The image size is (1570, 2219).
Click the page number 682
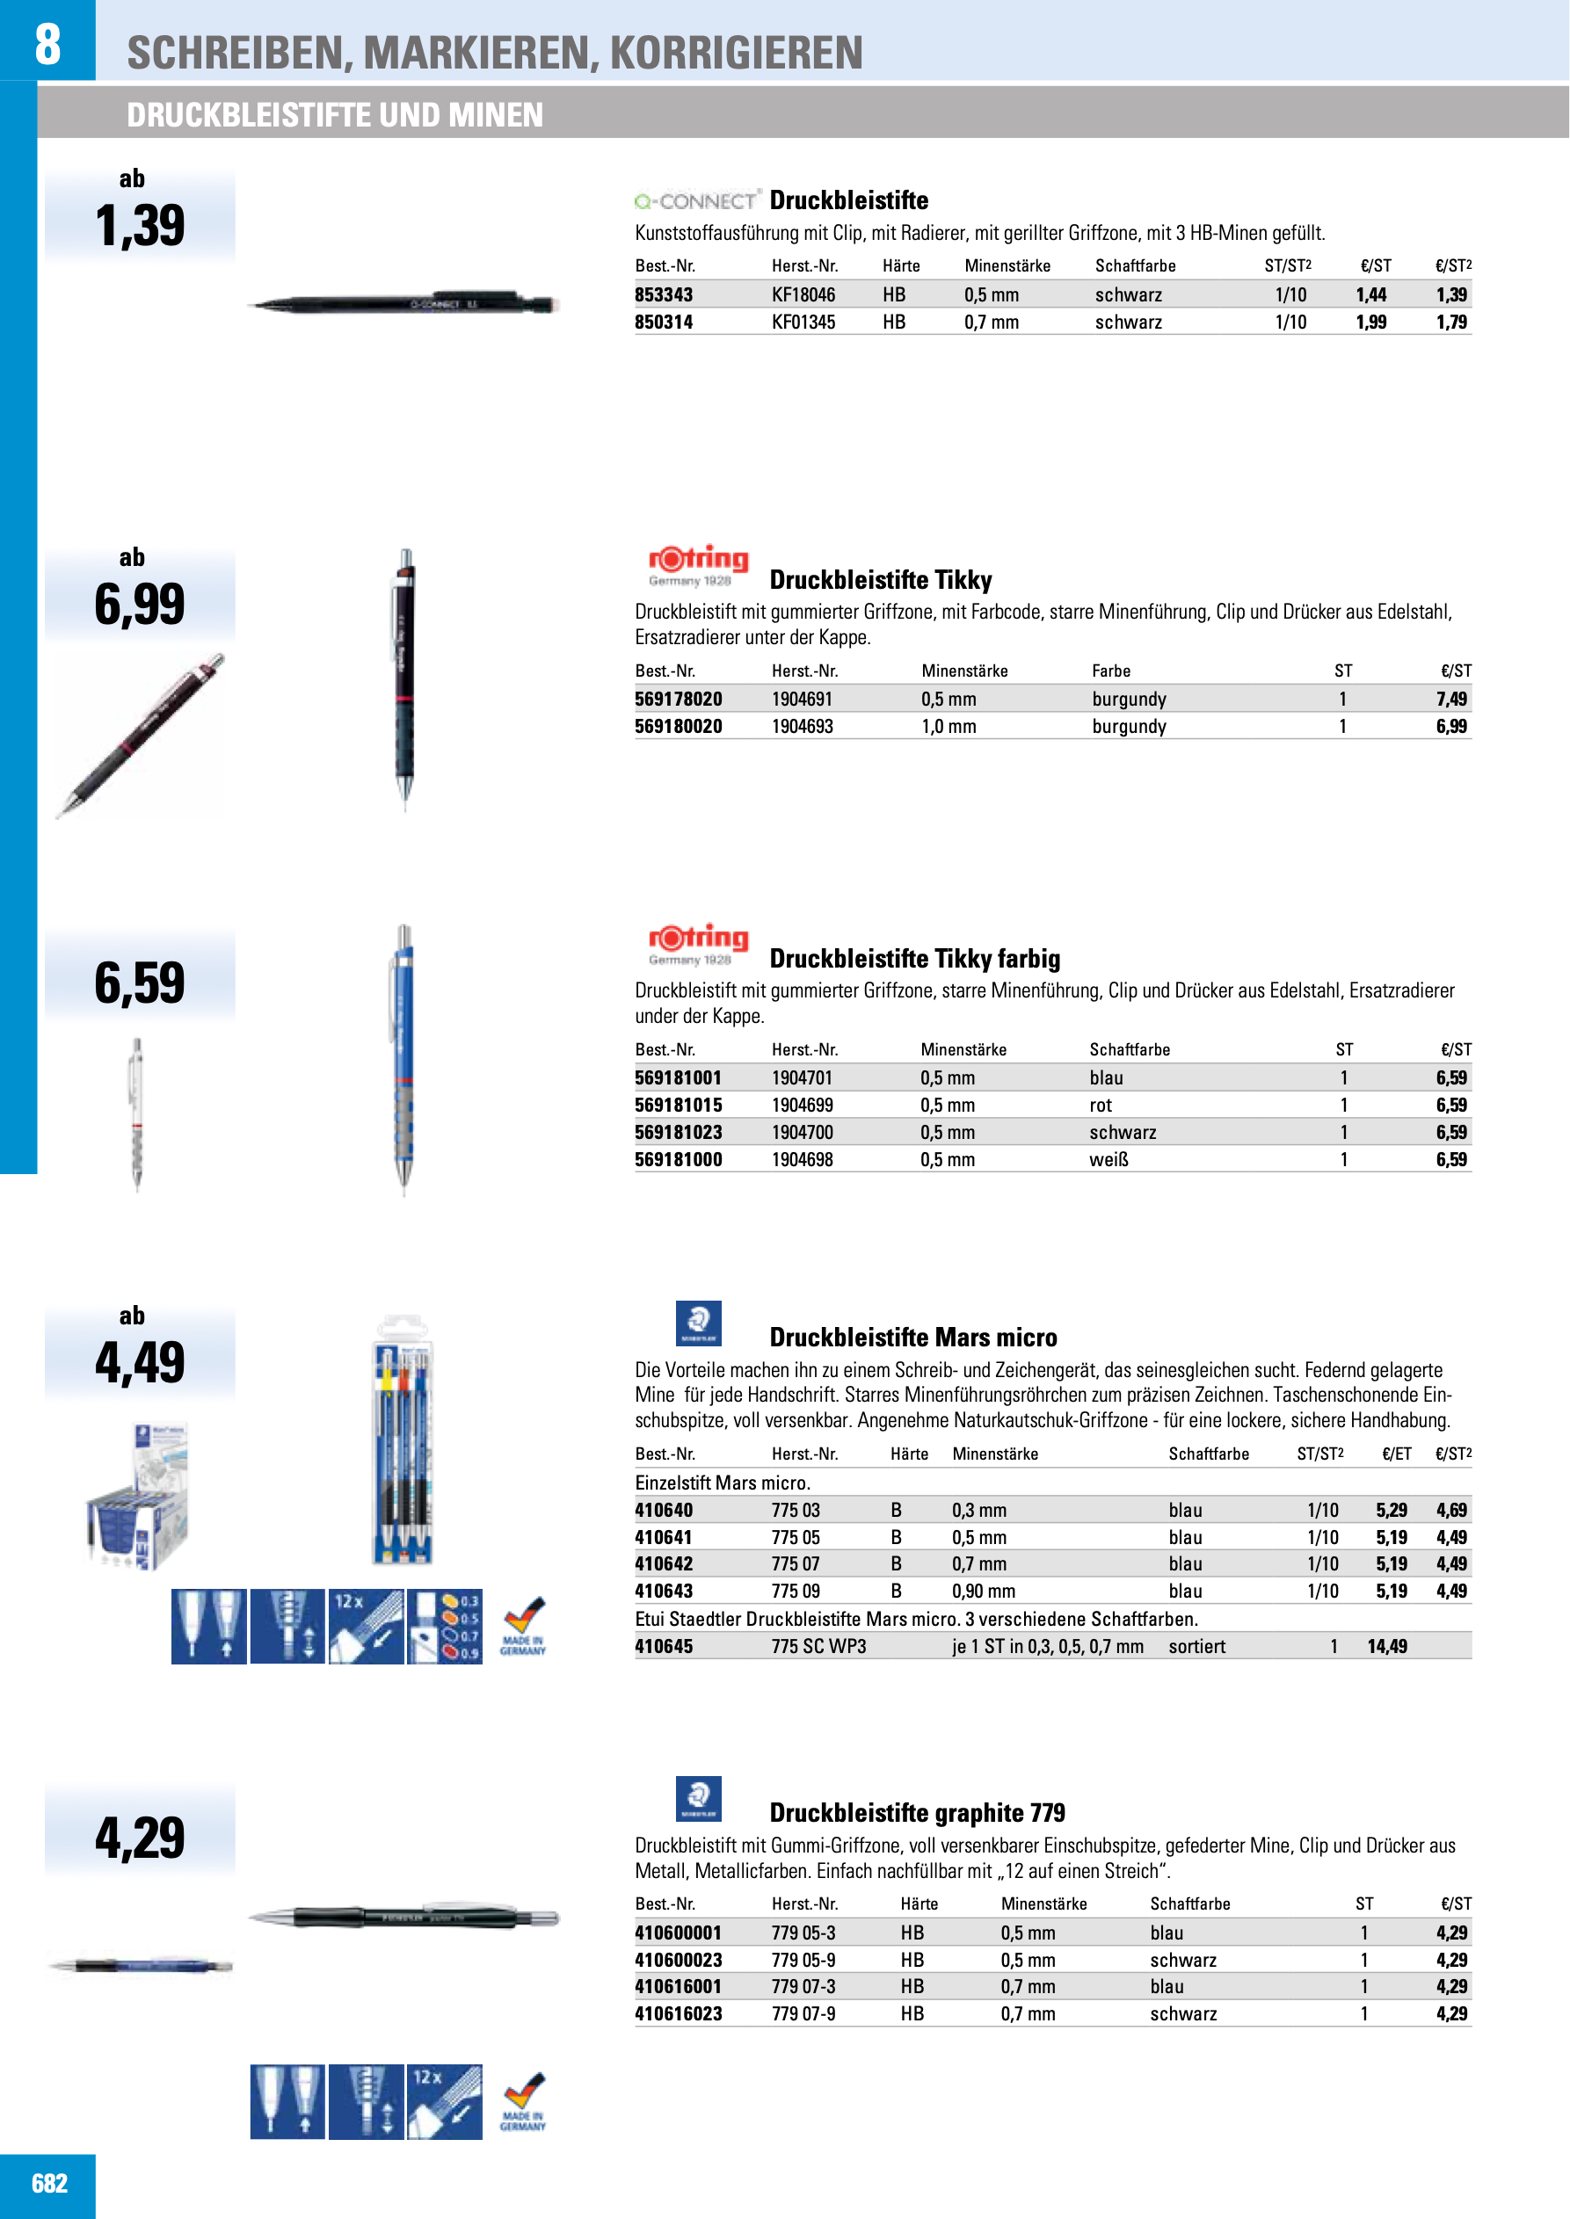(x=49, y=2183)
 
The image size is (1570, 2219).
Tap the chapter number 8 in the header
(x=47, y=43)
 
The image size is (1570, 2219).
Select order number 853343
(x=665, y=294)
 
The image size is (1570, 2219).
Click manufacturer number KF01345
(x=803, y=322)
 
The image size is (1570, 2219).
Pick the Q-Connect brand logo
(x=697, y=201)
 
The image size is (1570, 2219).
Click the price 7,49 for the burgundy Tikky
(x=1451, y=699)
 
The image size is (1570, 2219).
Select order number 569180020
(x=678, y=726)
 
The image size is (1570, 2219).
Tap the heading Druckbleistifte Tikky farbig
(x=914, y=959)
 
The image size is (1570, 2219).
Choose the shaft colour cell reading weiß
(x=1108, y=1159)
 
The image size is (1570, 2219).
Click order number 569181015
(x=678, y=1105)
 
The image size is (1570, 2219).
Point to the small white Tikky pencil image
(x=137, y=1113)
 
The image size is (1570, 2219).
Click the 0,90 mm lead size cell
(x=983, y=1591)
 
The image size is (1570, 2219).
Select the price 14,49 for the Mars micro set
(x=1386, y=1646)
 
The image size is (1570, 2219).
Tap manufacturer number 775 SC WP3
(x=818, y=1646)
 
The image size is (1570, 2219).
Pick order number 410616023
(x=678, y=2013)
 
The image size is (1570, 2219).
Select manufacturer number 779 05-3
(x=803, y=1932)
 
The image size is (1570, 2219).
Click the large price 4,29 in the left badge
(x=140, y=1838)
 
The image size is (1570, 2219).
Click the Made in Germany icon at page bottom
(x=523, y=2102)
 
